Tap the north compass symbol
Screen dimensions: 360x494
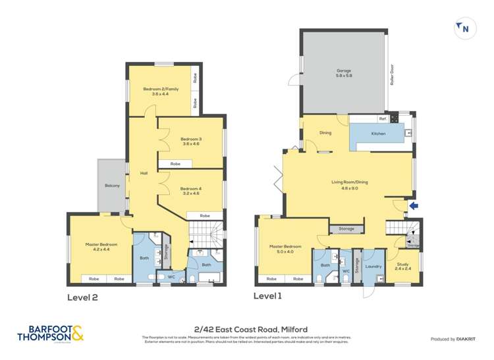pos(464,28)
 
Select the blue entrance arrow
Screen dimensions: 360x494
pos(413,206)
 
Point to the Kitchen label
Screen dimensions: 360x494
pos(378,134)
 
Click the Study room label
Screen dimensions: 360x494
pos(402,266)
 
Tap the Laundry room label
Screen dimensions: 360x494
pos(373,267)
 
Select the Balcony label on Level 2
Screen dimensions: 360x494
pos(111,186)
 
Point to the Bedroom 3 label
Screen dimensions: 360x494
pos(191,141)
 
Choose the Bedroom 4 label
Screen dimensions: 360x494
pos(191,191)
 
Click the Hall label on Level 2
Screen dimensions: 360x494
pos(144,173)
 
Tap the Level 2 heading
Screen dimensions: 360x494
pos(83,297)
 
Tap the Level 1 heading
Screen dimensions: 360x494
pos(267,296)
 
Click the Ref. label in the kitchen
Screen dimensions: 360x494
pos(381,119)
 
